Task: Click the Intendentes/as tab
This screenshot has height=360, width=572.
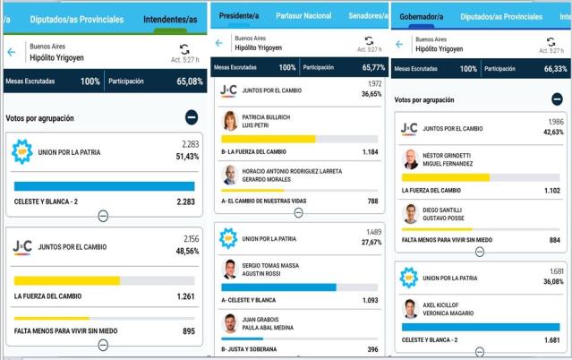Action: (x=170, y=20)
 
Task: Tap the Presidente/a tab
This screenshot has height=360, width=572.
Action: (x=239, y=16)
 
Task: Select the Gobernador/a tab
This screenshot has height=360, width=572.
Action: (x=422, y=17)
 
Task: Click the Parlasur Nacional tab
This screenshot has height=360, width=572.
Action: (x=303, y=16)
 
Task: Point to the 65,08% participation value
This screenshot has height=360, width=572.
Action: (x=190, y=81)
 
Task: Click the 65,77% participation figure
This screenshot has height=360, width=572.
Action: (x=373, y=67)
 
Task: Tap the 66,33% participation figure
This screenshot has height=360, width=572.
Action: (x=556, y=69)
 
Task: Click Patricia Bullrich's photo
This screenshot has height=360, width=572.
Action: (x=230, y=121)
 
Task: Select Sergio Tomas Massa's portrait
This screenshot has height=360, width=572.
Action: (x=230, y=270)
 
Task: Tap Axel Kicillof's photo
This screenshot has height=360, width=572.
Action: (x=411, y=309)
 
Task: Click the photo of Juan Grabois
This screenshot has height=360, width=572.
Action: (x=230, y=323)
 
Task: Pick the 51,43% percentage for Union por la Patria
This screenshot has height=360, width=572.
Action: (x=187, y=157)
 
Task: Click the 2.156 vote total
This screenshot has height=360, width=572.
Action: (x=192, y=239)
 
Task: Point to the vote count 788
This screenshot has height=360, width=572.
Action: (x=372, y=201)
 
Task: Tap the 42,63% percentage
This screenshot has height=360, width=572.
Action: (x=553, y=133)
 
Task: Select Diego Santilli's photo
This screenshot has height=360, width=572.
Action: (x=411, y=214)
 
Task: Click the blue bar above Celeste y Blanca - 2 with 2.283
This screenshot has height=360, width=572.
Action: (x=105, y=186)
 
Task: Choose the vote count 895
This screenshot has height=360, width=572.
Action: (x=189, y=331)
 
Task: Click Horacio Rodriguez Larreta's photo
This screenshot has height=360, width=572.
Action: (x=230, y=176)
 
